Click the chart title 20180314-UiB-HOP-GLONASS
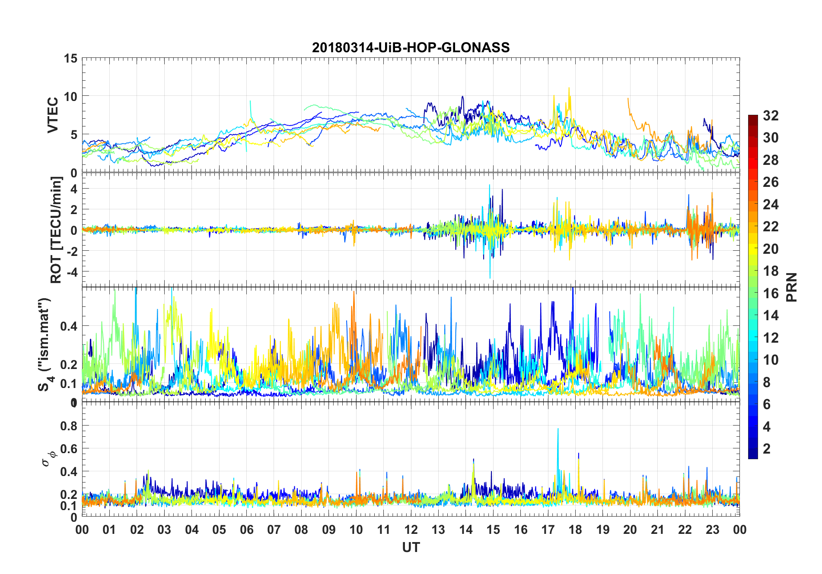coord(411,47)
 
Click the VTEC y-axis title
coord(53,115)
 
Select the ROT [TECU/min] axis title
coord(56,230)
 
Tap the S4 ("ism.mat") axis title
coord(45,344)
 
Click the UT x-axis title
coord(411,547)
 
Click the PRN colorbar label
coord(792,287)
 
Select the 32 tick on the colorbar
coord(771,116)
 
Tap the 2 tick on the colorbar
coord(767,448)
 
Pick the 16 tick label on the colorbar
coord(771,293)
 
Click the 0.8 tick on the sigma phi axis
coord(69,426)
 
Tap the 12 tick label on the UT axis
coord(411,530)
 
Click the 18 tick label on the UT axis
coord(575,530)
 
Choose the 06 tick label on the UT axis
coord(246,530)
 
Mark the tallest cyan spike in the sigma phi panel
coord(558,429)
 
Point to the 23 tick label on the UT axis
coord(712,530)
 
